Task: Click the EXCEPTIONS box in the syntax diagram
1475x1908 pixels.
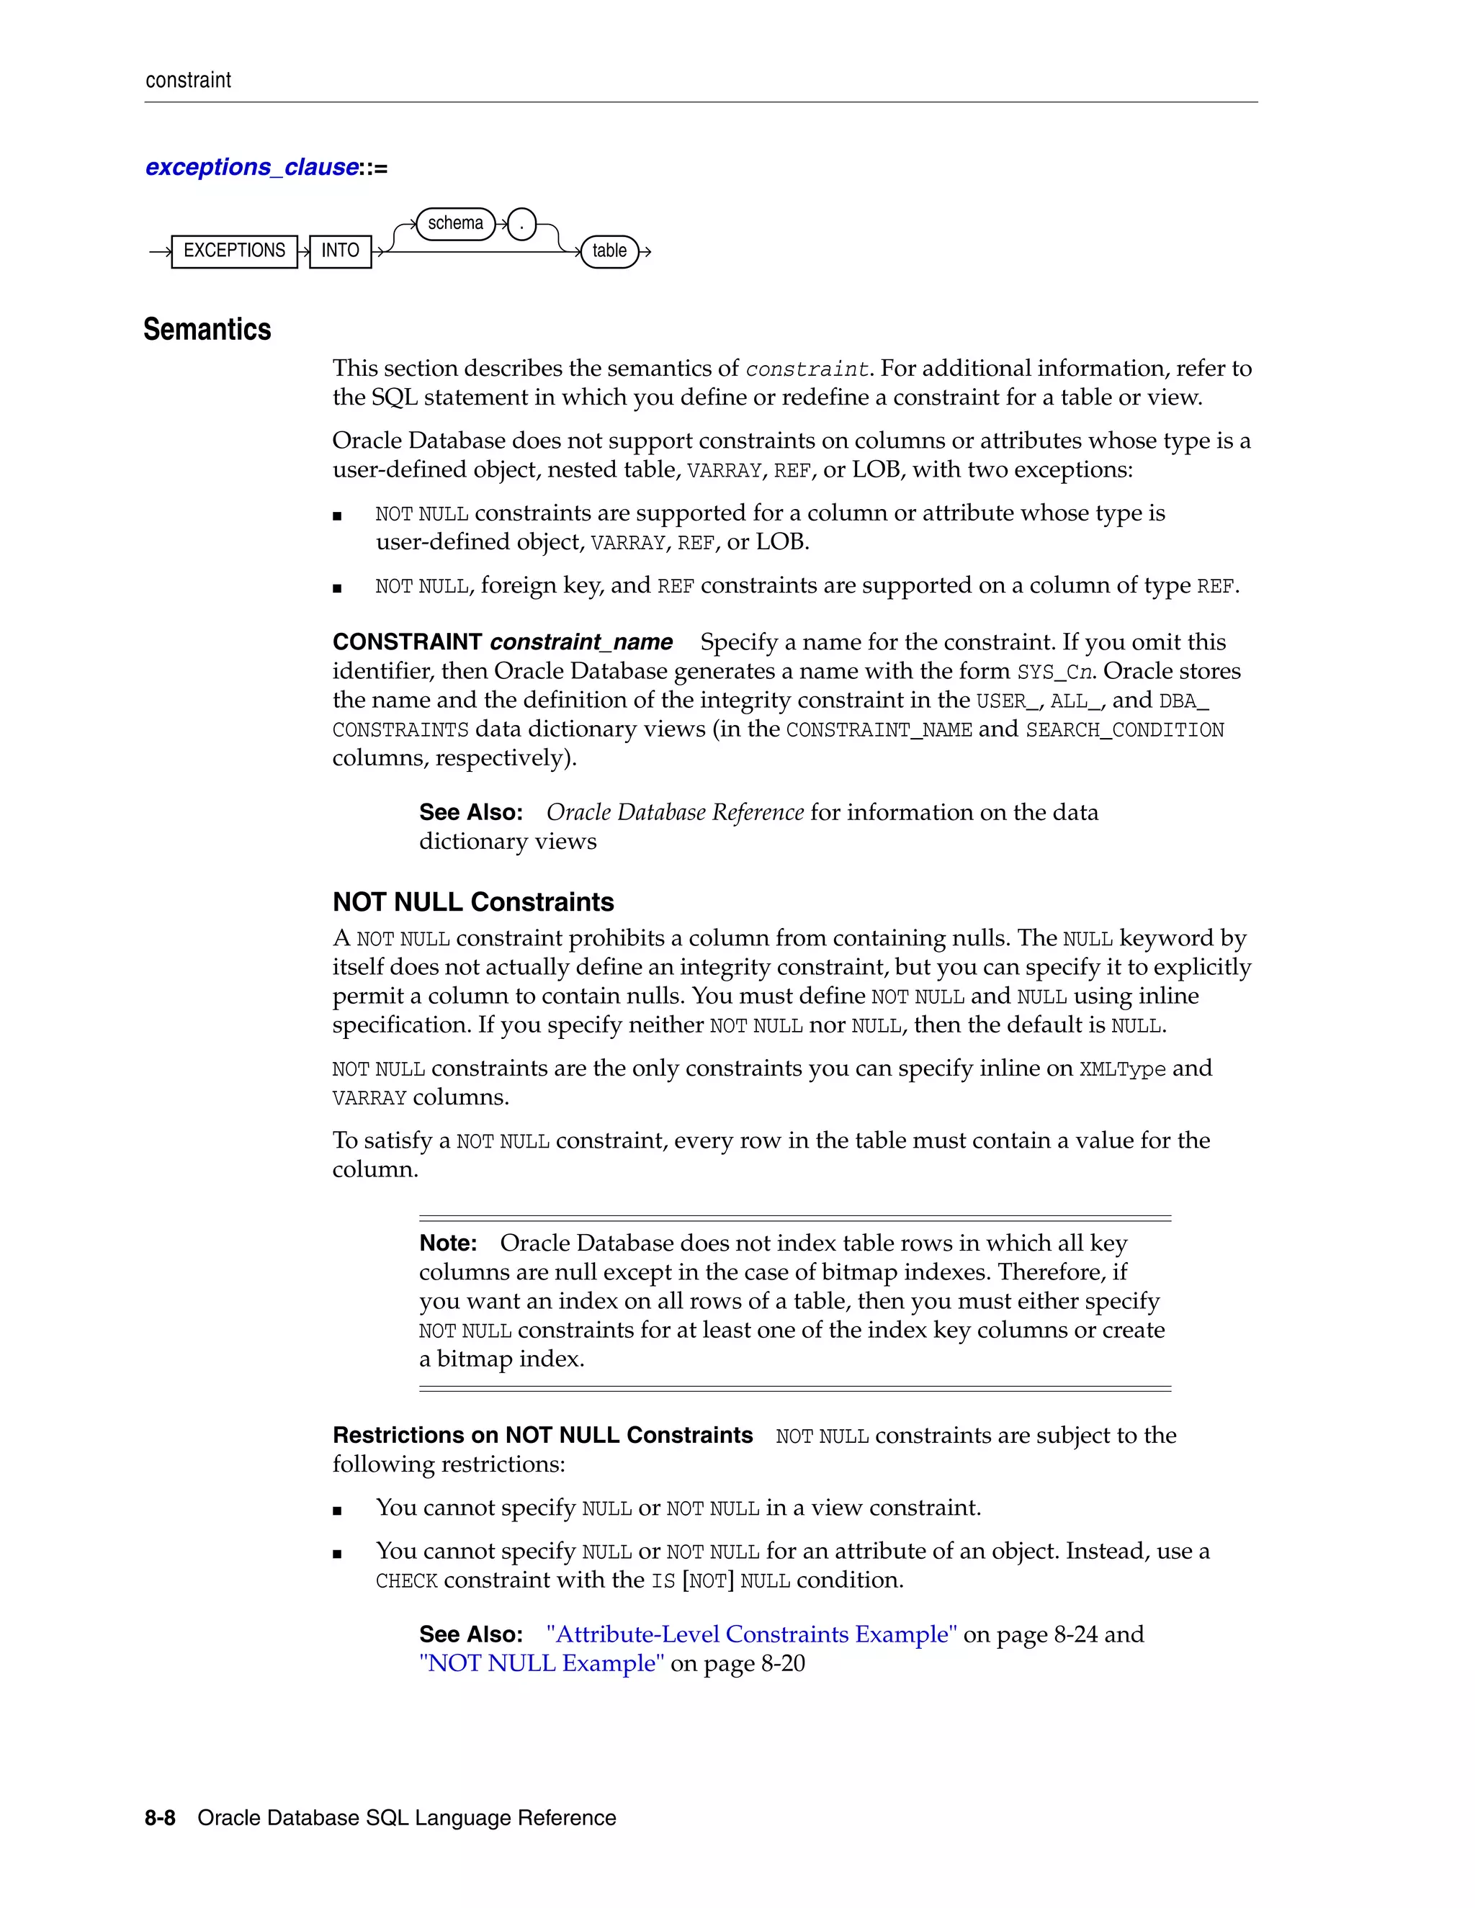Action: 234,251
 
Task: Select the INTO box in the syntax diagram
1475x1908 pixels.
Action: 340,251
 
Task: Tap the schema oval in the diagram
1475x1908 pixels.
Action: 455,224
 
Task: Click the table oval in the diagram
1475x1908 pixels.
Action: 609,251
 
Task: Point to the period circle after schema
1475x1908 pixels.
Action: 521,225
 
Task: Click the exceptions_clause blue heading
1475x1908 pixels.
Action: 251,167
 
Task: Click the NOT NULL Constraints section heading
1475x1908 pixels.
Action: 472,901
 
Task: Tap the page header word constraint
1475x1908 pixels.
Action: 188,81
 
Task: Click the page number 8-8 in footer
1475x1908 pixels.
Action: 160,1818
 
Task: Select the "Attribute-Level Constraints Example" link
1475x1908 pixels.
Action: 751,1634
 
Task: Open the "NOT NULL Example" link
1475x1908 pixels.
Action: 541,1662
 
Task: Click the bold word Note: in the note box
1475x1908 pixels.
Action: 447,1242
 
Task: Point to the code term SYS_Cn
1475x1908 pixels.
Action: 1054,672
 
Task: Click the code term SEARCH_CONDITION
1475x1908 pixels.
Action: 1124,729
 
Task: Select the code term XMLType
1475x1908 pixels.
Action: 1122,1068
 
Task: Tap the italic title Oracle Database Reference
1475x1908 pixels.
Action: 675,812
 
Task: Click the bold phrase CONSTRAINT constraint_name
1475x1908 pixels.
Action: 503,642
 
